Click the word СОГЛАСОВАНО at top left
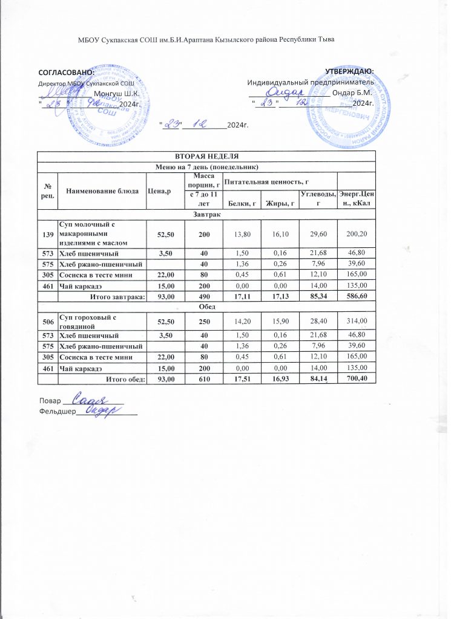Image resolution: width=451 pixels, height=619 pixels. tap(66, 73)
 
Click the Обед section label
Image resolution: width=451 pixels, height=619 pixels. tap(207, 305)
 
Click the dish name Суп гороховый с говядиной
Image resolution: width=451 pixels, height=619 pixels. tap(88, 320)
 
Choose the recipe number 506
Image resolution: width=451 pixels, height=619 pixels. tap(47, 320)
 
